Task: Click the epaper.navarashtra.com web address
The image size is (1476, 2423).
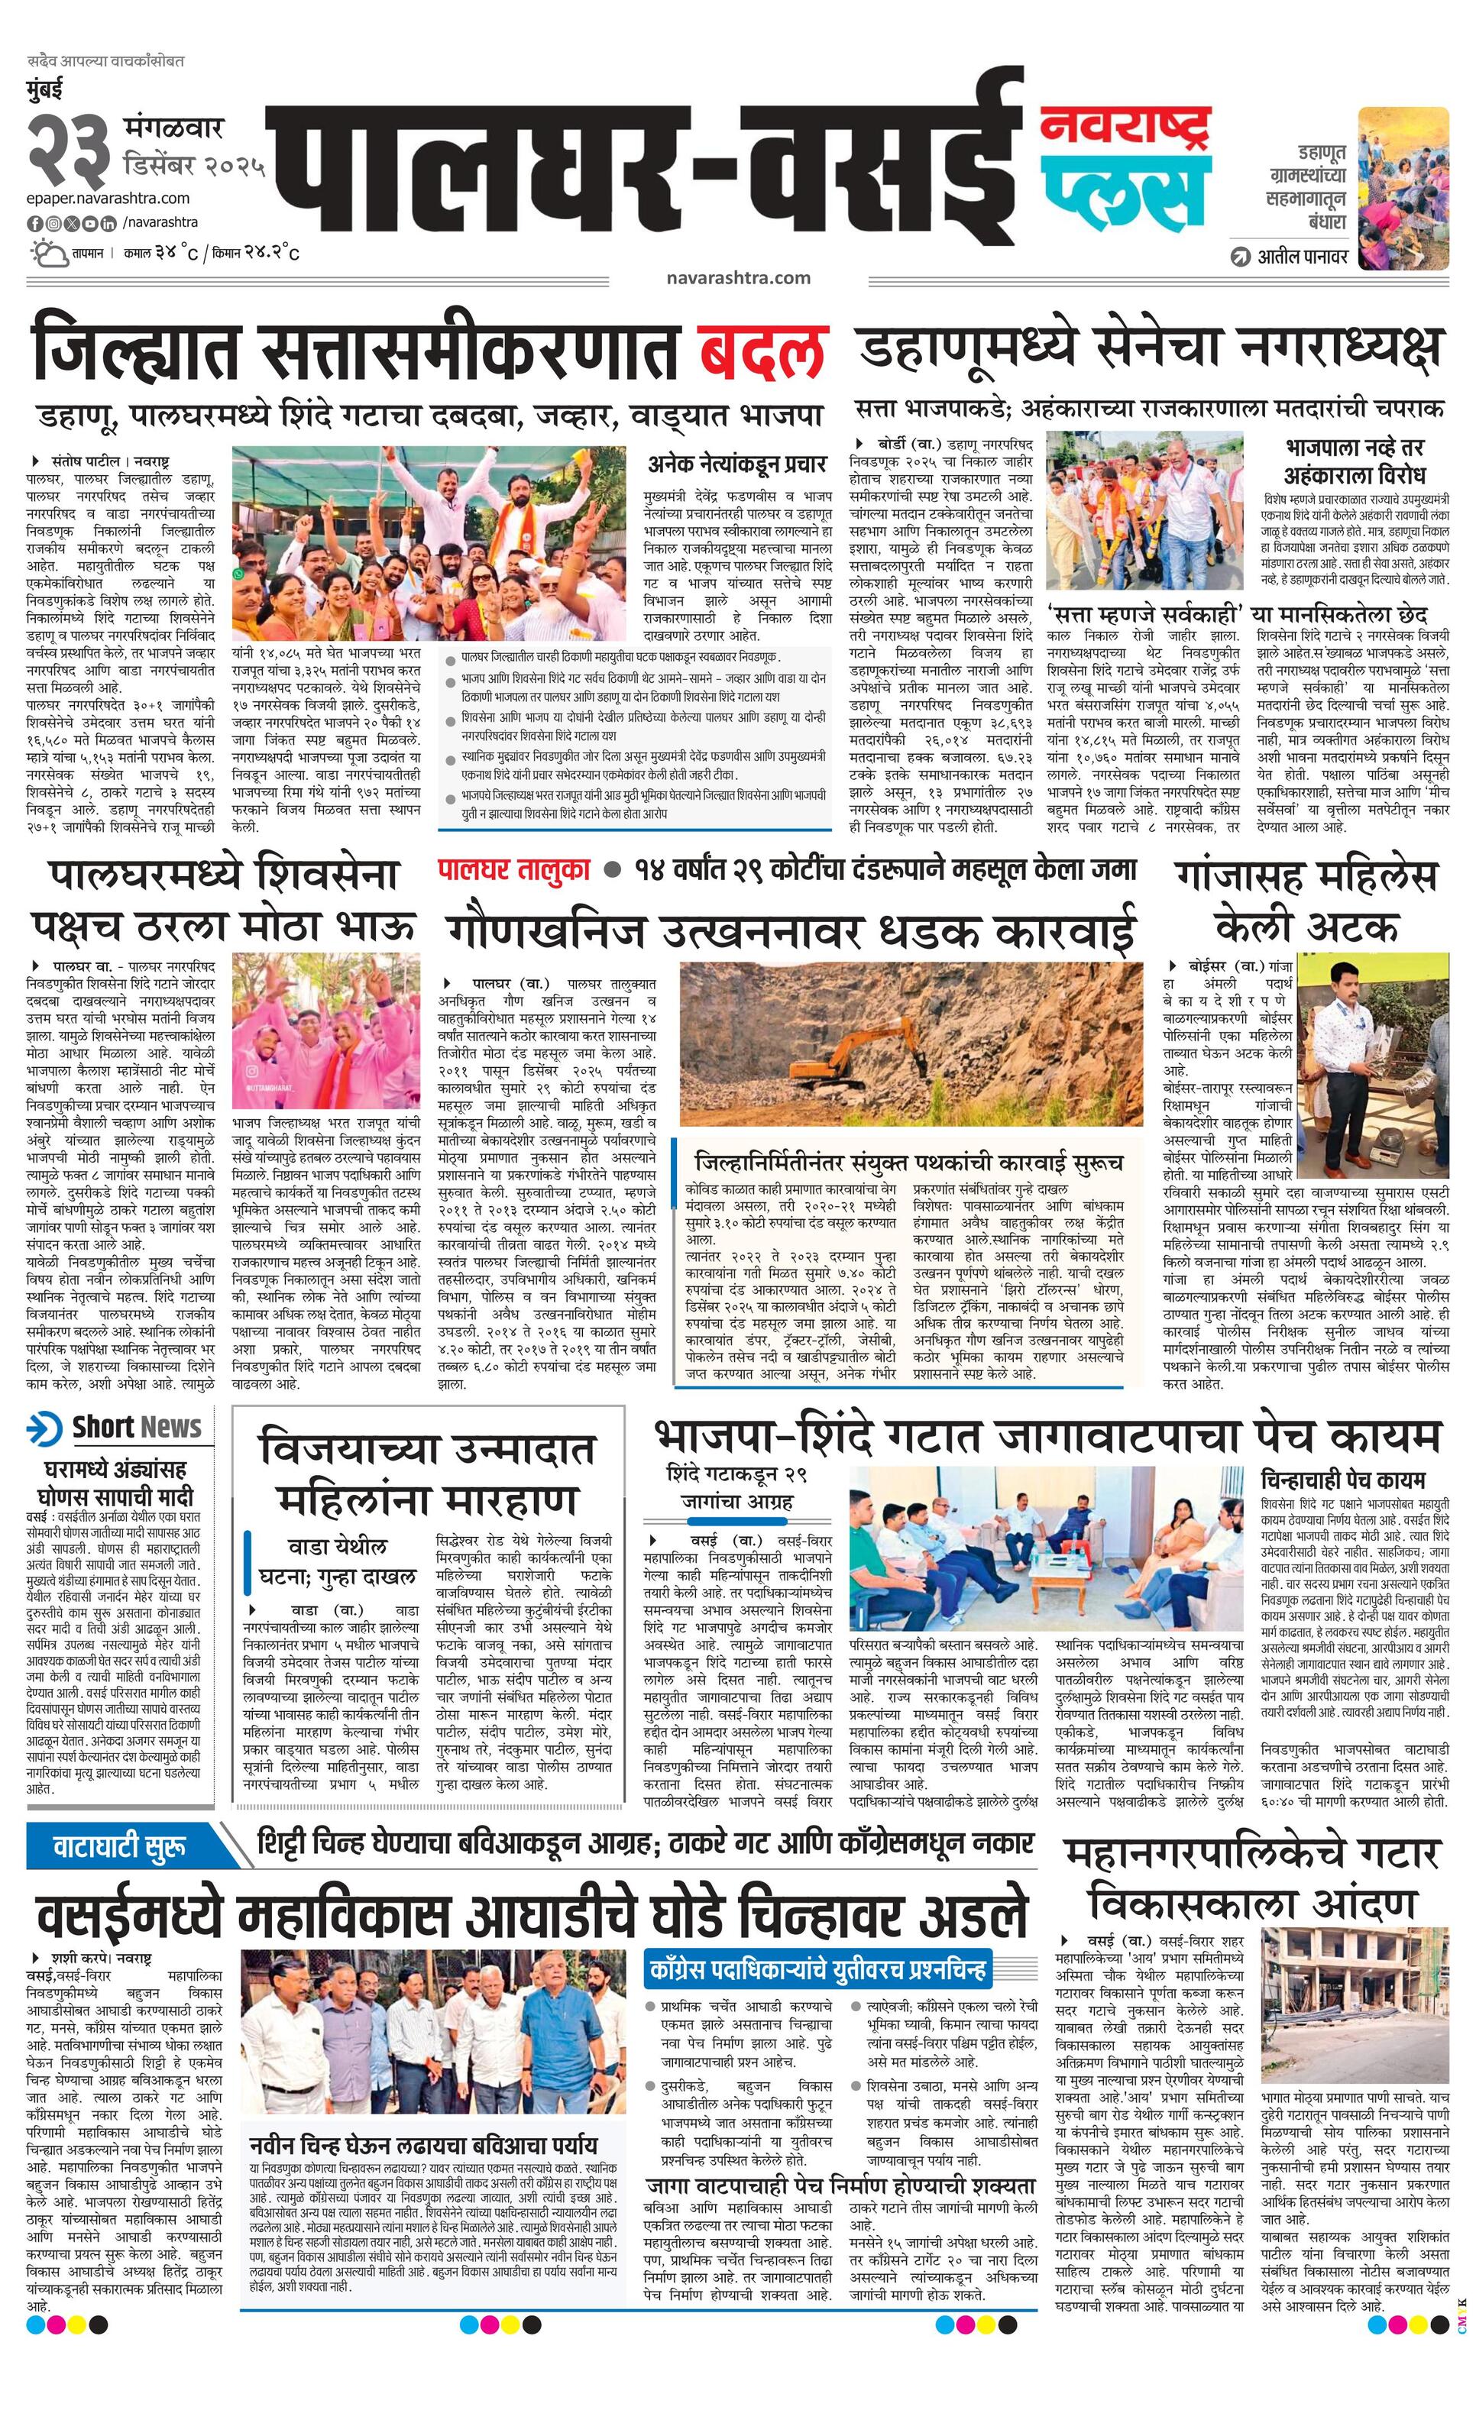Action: click(x=108, y=199)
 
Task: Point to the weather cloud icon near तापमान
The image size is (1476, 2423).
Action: click(x=47, y=254)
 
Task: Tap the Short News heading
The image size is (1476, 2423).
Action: click(x=137, y=1427)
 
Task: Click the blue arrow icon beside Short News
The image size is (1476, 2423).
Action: click(x=45, y=1427)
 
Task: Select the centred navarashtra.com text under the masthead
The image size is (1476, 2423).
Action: click(x=737, y=277)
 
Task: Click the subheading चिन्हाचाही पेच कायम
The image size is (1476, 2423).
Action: click(x=1342, y=1480)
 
